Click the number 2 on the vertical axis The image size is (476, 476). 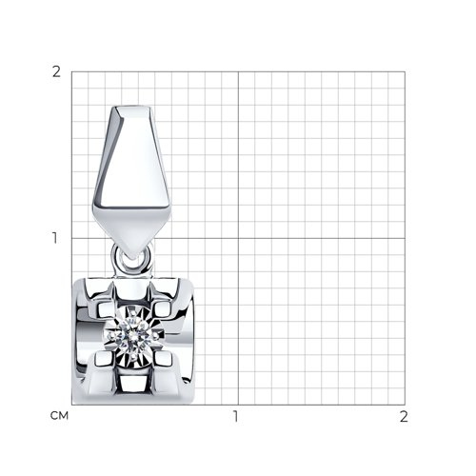(x=56, y=72)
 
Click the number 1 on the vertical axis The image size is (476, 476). (x=55, y=238)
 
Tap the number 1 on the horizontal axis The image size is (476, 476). (x=235, y=416)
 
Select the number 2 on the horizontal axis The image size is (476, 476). (x=404, y=416)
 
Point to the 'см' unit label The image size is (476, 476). (x=59, y=416)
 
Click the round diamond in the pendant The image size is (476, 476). (x=133, y=334)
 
